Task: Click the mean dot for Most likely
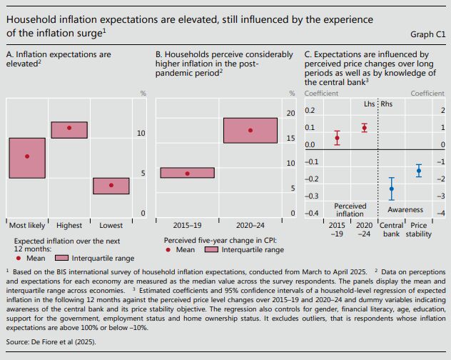(x=27, y=156)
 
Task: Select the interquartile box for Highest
(x=69, y=129)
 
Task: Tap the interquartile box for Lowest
(x=111, y=186)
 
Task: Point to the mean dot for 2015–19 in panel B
(x=188, y=174)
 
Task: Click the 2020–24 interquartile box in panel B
(x=250, y=130)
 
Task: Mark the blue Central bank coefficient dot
(x=391, y=189)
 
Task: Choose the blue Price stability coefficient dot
(x=419, y=170)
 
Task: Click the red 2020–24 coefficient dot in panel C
(x=364, y=128)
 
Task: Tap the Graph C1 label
(x=427, y=34)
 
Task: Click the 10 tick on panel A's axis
(x=141, y=134)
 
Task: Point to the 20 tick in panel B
(x=290, y=114)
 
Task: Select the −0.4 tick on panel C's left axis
(x=311, y=214)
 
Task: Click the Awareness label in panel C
(x=405, y=210)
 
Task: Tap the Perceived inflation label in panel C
(x=350, y=209)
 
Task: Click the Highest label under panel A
(x=69, y=224)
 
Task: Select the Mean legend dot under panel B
(x=167, y=250)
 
